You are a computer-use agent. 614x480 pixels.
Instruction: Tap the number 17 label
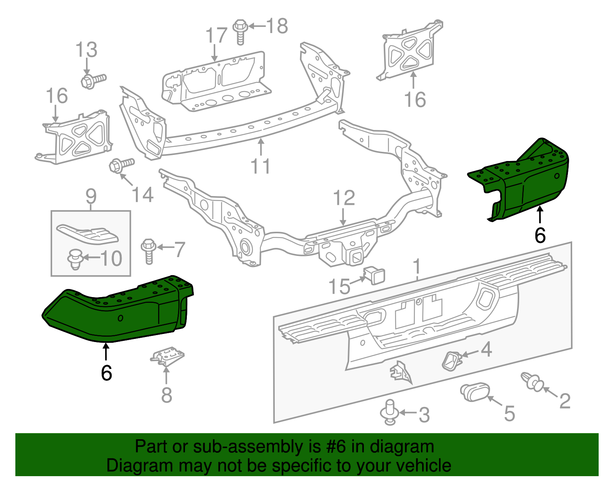point(216,36)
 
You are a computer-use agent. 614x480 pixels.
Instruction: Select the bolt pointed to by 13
point(92,80)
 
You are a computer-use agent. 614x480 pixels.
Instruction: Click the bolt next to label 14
point(121,166)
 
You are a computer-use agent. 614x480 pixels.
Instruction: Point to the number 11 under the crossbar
point(260,166)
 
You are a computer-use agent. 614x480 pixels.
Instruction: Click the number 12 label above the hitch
point(344,198)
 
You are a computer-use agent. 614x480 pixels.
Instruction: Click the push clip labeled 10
point(76,259)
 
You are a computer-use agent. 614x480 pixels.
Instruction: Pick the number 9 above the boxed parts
point(91,196)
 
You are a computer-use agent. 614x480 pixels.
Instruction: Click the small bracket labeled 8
point(167,355)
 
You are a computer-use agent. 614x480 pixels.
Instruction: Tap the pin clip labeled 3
point(390,412)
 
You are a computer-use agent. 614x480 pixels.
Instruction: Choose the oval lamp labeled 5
point(475,392)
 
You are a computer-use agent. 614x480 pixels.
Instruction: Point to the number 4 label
point(486,349)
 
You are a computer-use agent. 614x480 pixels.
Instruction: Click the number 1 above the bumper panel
point(417,267)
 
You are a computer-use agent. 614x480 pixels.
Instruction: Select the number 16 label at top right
point(415,100)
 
